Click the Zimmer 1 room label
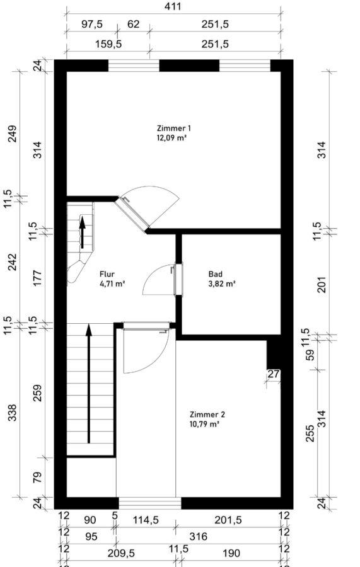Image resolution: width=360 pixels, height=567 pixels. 173,128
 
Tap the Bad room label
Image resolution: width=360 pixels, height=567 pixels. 215,274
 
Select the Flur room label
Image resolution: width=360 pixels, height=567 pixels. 107,275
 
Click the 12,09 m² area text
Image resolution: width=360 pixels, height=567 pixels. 171,138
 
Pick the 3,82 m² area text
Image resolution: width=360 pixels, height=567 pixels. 222,284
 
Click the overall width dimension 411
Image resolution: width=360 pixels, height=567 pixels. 172,6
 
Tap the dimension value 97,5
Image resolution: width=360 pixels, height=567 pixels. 91,24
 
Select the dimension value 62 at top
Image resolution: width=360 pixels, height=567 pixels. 134,24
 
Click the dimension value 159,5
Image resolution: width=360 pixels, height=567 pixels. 108,44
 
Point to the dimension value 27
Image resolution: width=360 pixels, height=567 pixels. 274,374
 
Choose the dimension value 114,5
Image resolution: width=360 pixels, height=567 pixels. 146,520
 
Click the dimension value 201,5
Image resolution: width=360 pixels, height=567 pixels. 228,520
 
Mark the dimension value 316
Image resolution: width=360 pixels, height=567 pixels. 198,536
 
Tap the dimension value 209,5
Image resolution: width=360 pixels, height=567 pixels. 121,553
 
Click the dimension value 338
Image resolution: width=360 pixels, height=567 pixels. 13,413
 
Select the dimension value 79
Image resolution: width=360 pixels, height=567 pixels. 38,477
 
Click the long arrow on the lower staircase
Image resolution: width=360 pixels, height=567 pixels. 88,384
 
